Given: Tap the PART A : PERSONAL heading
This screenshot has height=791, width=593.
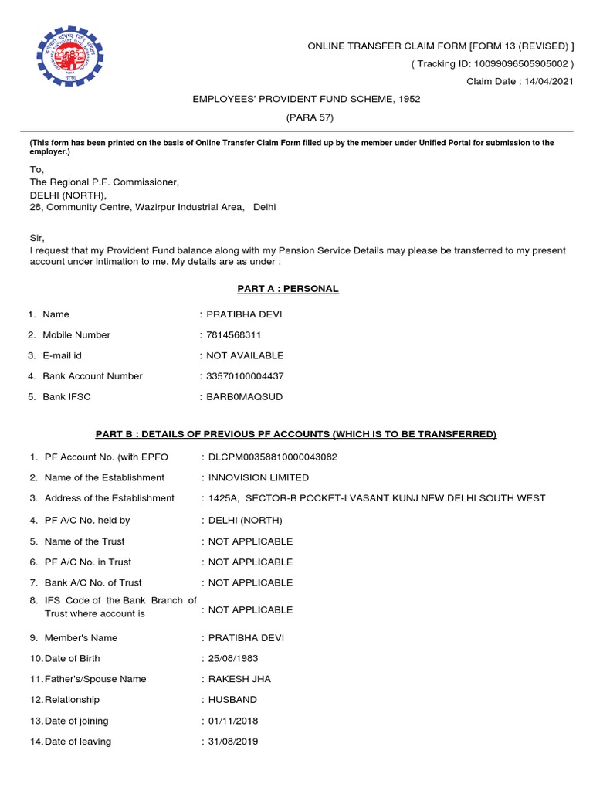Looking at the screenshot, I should (x=287, y=289).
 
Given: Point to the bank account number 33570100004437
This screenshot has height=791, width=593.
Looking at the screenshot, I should (x=246, y=376).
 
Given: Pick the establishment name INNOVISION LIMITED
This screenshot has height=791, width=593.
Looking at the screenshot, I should (x=259, y=478).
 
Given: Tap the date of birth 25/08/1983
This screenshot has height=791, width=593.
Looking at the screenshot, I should (x=233, y=659).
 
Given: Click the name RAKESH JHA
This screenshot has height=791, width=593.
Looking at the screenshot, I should (x=239, y=680).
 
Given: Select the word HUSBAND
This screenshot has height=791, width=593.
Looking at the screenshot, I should (x=232, y=700).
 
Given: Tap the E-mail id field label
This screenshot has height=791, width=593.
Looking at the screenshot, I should (x=62, y=356).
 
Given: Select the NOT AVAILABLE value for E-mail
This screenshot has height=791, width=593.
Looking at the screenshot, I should (x=245, y=356).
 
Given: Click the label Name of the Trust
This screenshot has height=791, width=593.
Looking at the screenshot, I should (x=84, y=541).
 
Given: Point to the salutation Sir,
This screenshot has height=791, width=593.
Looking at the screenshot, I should (x=36, y=239).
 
